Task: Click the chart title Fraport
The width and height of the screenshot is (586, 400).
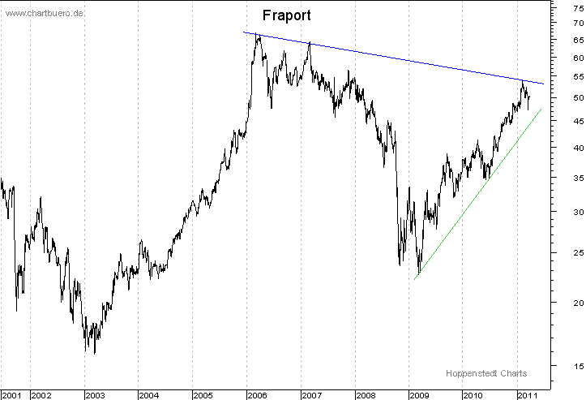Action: click(286, 16)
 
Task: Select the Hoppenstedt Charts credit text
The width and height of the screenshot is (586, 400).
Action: click(485, 373)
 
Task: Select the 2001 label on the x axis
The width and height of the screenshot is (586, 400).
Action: click(12, 395)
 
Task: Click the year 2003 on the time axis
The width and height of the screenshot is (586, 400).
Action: click(95, 395)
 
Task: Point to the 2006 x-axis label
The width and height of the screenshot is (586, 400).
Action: click(257, 395)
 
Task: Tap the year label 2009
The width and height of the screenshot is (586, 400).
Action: click(418, 395)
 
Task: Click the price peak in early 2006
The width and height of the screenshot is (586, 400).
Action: click(257, 34)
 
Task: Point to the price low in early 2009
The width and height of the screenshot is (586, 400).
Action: click(419, 274)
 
